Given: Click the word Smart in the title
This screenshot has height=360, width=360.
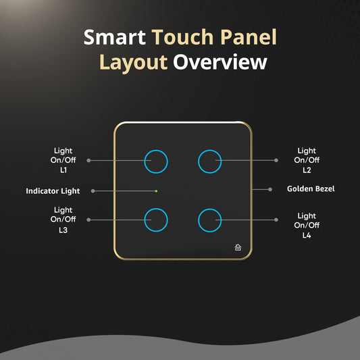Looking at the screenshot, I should (x=114, y=38).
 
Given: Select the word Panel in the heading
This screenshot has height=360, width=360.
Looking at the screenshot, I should (x=250, y=38).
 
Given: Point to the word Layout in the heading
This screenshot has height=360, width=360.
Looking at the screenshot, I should (x=133, y=63).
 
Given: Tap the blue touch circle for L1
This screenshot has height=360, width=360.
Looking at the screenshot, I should (x=156, y=161).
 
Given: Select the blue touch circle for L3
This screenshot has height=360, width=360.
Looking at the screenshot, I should (x=156, y=220).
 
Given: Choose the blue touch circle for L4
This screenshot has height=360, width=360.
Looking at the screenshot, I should (x=210, y=220).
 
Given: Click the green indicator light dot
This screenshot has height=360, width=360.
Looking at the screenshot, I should (x=156, y=191).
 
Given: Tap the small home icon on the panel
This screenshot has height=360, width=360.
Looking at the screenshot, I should (x=238, y=247).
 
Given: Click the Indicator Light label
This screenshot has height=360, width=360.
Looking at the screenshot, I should (x=53, y=191).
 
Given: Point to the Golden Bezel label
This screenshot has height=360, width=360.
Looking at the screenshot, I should (x=311, y=188).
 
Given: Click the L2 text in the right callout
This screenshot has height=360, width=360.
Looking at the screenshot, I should (x=307, y=171).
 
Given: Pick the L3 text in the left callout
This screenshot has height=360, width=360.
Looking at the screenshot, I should (x=63, y=230).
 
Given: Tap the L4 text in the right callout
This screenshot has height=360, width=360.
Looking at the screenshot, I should (x=307, y=236).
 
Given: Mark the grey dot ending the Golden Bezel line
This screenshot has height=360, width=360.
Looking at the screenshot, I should (x=269, y=188).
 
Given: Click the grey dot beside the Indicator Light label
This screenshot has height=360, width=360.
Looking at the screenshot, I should (x=93, y=191).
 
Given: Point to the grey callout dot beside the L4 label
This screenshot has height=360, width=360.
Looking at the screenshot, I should (x=276, y=220).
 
